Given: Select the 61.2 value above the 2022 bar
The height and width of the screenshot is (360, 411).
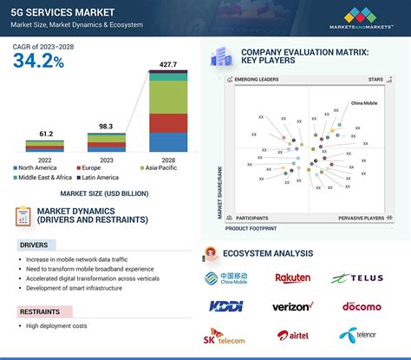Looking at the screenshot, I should pyautogui.click(x=47, y=134).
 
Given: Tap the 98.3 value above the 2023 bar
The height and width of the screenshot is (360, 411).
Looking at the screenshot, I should pyautogui.click(x=106, y=127).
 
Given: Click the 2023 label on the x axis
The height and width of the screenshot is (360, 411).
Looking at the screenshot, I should pyautogui.click(x=106, y=159).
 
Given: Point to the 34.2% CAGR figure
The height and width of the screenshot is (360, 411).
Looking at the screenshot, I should pyautogui.click(x=38, y=61).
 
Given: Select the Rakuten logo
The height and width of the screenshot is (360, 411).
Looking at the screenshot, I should pyautogui.click(x=292, y=278).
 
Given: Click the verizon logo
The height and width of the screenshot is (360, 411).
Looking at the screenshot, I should pyautogui.click(x=292, y=306).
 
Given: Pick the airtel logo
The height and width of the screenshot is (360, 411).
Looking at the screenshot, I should pyautogui.click(x=293, y=334).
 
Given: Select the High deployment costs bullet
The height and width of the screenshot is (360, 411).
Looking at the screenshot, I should pyautogui.click(x=56, y=325).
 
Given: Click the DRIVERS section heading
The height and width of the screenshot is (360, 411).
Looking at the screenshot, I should pyautogui.click(x=34, y=245).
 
